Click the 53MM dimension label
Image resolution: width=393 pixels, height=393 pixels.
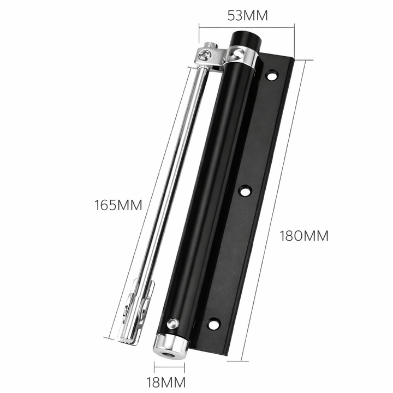coord(248,15)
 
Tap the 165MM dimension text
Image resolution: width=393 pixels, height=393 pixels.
coord(118,205)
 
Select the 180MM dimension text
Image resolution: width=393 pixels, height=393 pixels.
coord(304,236)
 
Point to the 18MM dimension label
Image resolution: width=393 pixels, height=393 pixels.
coord(166,383)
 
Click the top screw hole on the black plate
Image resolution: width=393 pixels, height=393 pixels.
coord(272,75)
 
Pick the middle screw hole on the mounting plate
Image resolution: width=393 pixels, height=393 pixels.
coord(246,192)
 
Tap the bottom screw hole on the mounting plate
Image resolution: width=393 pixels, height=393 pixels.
coord(214,324)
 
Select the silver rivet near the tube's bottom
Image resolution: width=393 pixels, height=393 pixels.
coord(173,323)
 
